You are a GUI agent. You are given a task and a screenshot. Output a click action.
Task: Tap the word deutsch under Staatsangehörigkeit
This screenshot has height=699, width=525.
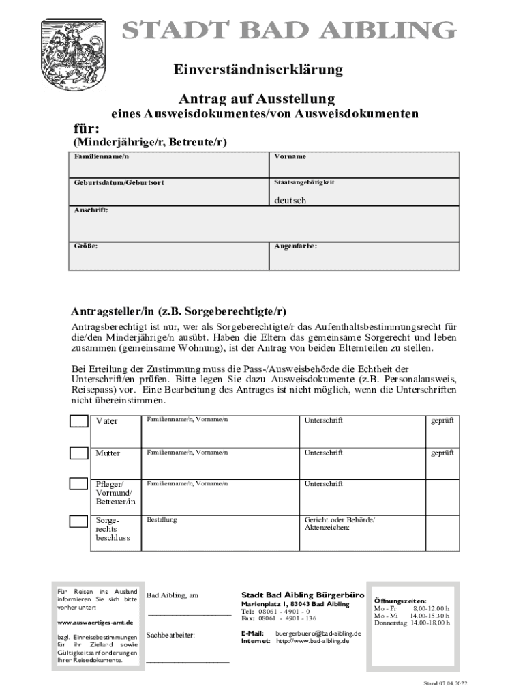pyautogui.click(x=290, y=201)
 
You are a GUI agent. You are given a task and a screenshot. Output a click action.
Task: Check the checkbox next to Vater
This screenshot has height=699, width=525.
pyautogui.click(x=78, y=420)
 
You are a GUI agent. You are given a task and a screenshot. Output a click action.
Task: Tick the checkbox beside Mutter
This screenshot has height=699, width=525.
pyautogui.click(x=78, y=453)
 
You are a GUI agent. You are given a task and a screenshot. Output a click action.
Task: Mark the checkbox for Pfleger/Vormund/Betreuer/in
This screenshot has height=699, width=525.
pyautogui.click(x=78, y=484)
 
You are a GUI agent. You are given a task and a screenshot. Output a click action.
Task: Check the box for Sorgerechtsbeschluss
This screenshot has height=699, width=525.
pyautogui.click(x=78, y=522)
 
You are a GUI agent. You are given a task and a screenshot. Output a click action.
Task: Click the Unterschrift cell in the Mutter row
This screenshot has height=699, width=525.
pyautogui.click(x=362, y=461)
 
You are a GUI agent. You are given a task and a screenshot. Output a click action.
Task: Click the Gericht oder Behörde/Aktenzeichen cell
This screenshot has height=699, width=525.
pyautogui.click(x=362, y=532)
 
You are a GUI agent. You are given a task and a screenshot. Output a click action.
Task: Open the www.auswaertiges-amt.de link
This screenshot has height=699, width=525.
pyautogui.click(x=95, y=623)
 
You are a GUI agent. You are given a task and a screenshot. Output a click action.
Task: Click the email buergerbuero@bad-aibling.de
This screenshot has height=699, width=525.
pyautogui.click(x=318, y=633)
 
